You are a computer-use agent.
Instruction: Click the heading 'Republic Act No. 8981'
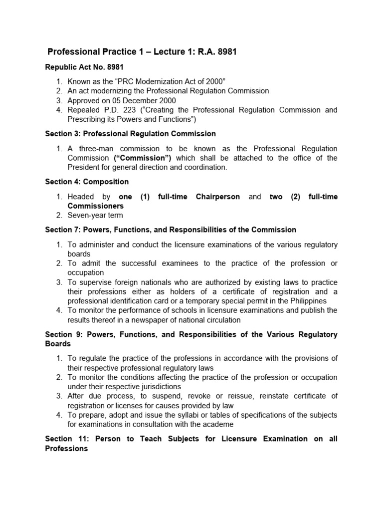pos(84,67)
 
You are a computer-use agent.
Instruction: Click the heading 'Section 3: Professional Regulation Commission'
pos(130,134)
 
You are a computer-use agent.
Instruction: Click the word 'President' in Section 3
pos(84,168)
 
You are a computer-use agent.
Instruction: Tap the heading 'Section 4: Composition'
pos(87,182)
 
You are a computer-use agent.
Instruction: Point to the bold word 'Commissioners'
pos(96,206)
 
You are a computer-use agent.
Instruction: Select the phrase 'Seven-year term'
pos(95,216)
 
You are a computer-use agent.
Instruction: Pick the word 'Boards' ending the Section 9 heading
pos(58,344)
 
